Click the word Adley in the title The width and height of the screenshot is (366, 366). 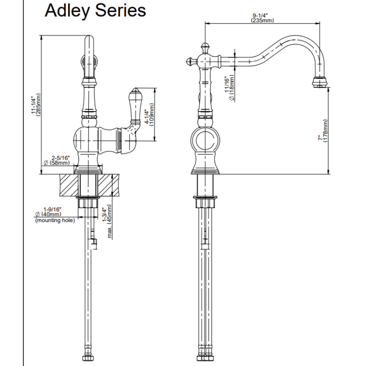(67, 11)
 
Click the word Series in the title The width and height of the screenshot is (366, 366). (120, 11)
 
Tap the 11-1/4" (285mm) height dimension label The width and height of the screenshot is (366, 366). (36, 105)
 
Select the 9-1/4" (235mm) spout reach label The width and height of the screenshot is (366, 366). (262, 18)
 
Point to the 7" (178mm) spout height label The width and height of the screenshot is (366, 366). (323, 131)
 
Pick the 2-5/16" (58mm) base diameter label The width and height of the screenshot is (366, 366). (57, 160)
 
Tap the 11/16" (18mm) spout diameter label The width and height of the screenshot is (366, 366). (229, 88)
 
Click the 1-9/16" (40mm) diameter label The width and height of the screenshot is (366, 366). (49, 211)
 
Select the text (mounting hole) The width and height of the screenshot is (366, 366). (55, 220)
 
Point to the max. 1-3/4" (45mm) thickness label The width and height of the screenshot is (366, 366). (107, 221)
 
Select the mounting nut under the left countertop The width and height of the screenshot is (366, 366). (88, 202)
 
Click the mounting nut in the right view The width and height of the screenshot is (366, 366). (205, 202)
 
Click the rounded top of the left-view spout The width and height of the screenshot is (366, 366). (89, 39)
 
